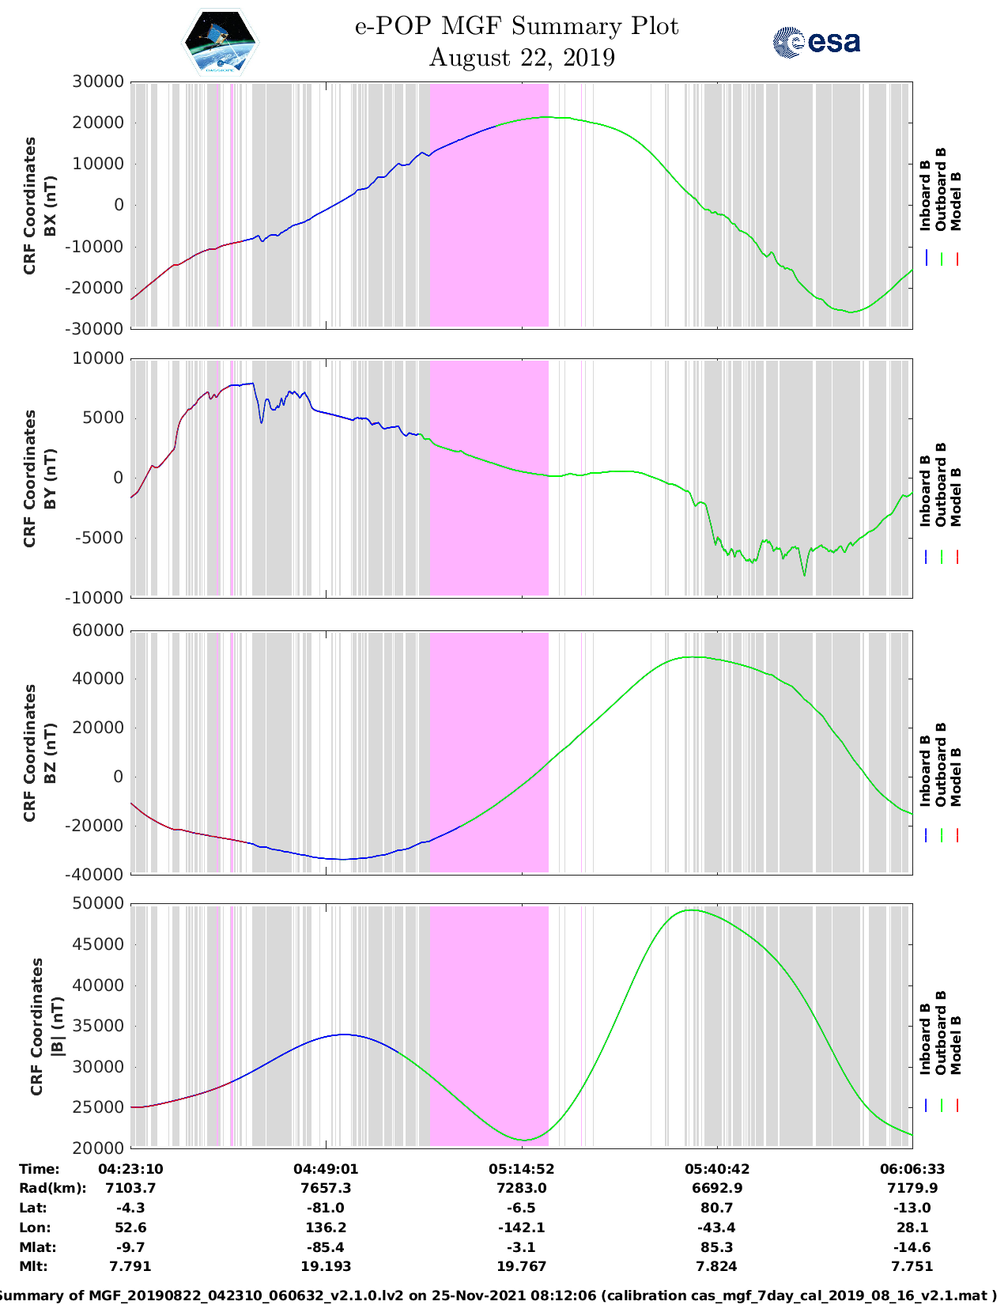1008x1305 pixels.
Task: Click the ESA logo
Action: click(816, 42)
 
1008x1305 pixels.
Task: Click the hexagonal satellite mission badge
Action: click(221, 42)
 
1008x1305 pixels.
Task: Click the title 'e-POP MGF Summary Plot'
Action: click(516, 26)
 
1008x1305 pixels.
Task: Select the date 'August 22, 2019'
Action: click(522, 58)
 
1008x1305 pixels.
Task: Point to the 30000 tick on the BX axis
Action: click(98, 81)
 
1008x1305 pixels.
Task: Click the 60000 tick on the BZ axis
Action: click(98, 630)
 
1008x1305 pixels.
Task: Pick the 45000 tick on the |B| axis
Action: click(98, 944)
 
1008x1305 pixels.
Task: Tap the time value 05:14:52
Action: click(521, 1168)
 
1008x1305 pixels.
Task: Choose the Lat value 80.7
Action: click(716, 1208)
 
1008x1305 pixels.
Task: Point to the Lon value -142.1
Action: click(521, 1227)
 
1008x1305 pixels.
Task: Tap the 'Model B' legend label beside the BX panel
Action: click(956, 201)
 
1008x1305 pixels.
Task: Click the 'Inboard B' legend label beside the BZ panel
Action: click(925, 770)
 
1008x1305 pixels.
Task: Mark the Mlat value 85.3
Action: click(716, 1247)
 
